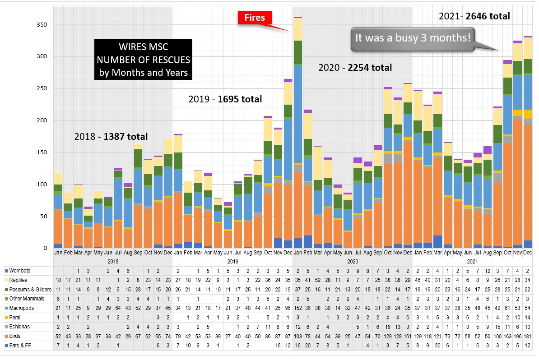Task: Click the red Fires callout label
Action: pos(255,18)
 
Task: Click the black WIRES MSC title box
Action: pos(143,60)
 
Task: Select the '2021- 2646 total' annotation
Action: pos(474,16)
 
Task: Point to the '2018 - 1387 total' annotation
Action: pos(111,136)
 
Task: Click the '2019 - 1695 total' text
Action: pos(225,99)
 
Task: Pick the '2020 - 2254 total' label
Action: pos(355,68)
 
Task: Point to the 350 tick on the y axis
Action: pos(42,24)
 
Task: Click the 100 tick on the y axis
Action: pos(42,184)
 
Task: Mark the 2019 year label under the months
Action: pos(232,261)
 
